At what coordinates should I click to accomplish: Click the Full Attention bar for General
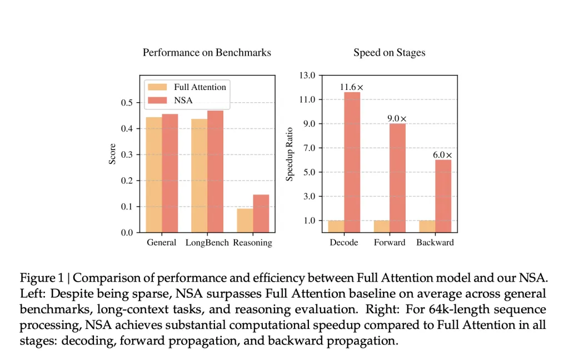(x=154, y=174)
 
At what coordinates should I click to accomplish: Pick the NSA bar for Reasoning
(x=261, y=213)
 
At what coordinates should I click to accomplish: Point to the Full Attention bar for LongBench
(x=199, y=176)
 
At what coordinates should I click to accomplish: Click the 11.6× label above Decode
(x=352, y=87)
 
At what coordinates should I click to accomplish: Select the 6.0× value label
(x=443, y=155)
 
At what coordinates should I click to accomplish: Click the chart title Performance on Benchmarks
(x=207, y=53)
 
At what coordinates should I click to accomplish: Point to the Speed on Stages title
(x=390, y=53)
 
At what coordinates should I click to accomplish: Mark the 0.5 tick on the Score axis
(x=126, y=103)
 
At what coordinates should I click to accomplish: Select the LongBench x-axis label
(x=207, y=243)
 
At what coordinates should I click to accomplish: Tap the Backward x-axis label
(x=435, y=243)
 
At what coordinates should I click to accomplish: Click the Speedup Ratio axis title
(x=290, y=153)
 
